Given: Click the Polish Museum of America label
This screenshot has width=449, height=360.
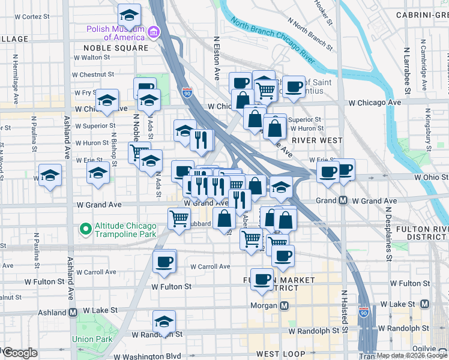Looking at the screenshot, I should [x=116, y=32].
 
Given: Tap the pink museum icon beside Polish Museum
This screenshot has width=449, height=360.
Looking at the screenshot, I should [x=154, y=31].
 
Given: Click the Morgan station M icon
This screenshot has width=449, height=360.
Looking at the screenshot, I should [x=285, y=306].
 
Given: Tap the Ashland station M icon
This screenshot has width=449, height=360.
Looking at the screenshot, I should [x=73, y=313].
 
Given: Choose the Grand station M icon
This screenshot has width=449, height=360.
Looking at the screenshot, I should [x=343, y=200].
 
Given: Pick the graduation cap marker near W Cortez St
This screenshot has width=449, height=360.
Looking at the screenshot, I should [x=129, y=14].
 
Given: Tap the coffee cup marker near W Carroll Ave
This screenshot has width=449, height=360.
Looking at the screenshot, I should [x=164, y=260].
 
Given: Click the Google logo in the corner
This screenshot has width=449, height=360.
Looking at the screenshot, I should [x=20, y=353].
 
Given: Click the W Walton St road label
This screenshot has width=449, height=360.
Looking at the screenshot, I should [x=93, y=58].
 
